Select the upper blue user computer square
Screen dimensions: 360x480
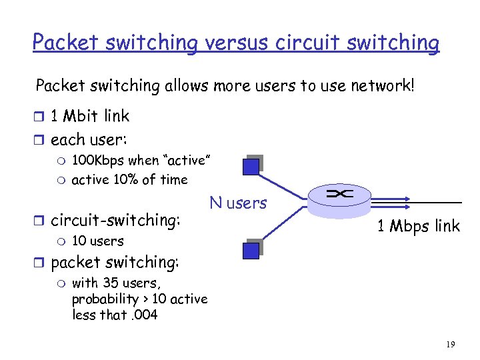[x=251, y=165]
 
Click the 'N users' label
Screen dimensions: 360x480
[x=238, y=203]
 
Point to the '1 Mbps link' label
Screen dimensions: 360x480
[x=418, y=226]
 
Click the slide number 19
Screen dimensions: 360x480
[x=450, y=344]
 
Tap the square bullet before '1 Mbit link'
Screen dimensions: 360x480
[x=41, y=117]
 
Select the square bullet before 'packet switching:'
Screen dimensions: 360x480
[x=41, y=263]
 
